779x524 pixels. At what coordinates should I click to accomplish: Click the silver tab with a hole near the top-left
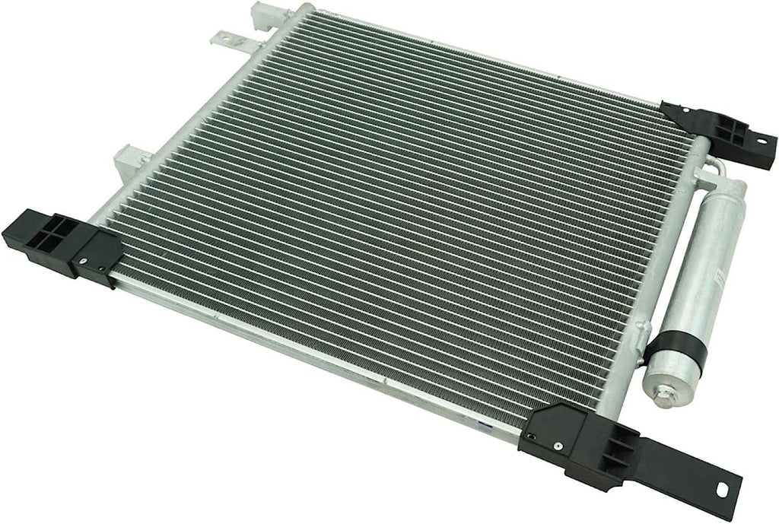225,35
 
